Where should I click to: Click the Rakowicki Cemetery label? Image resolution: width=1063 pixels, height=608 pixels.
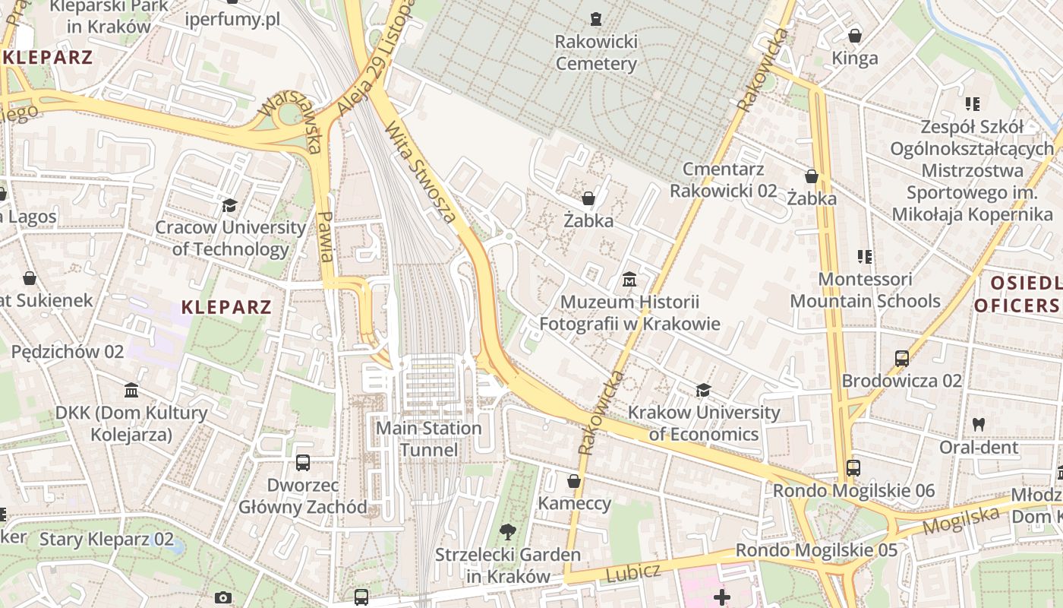click(596, 52)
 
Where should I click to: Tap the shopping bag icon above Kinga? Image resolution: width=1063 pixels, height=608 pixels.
click(855, 36)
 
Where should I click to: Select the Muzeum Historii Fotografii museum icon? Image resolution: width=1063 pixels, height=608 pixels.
click(629, 280)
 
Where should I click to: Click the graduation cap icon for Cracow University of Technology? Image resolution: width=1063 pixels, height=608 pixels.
click(229, 205)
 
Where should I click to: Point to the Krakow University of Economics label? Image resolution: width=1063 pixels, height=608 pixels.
click(704, 423)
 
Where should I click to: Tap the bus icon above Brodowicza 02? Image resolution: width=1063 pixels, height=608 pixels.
click(901, 358)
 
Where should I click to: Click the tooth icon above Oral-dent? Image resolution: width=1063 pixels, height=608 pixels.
click(979, 425)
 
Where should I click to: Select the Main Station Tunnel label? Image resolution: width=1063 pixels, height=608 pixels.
click(429, 439)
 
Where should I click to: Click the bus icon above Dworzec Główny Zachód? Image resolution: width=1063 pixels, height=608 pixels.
click(302, 462)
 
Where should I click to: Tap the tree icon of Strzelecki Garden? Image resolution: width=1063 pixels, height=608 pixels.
click(507, 532)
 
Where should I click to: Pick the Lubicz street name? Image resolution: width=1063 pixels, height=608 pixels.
click(633, 573)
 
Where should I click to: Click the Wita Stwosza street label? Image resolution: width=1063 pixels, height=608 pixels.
click(421, 173)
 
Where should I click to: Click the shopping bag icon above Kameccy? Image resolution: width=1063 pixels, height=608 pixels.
click(574, 481)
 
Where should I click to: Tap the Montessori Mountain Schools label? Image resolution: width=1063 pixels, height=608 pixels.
click(865, 290)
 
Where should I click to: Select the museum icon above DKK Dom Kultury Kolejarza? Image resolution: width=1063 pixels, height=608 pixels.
click(131, 391)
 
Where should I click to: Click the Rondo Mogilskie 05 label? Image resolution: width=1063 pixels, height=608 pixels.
click(816, 550)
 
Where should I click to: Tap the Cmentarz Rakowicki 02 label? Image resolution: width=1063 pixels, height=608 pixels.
click(723, 179)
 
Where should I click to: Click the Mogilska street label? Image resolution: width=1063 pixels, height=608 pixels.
click(960, 521)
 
